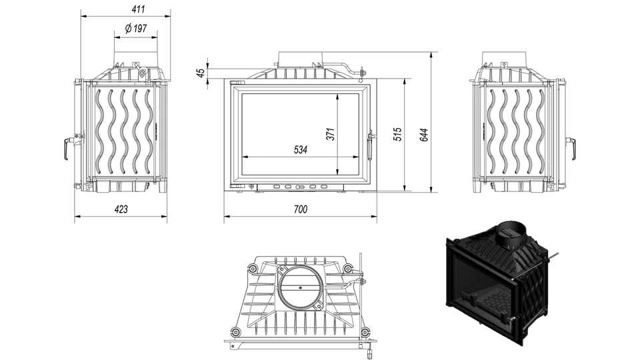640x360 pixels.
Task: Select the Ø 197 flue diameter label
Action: click(135, 29)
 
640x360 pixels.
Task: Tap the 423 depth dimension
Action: click(121, 209)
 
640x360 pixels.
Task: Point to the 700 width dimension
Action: click(300, 209)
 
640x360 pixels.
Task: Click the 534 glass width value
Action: click(301, 150)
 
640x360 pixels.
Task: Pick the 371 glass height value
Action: click(329, 133)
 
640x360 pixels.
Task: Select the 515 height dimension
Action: click(397, 133)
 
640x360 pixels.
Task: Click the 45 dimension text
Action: click(201, 73)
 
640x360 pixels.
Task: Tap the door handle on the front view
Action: click(371, 145)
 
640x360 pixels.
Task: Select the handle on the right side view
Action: click(571, 148)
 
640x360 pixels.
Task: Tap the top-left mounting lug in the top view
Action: click(253, 268)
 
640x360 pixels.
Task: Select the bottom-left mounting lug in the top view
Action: click(235, 333)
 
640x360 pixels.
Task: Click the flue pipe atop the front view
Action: click(299, 58)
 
